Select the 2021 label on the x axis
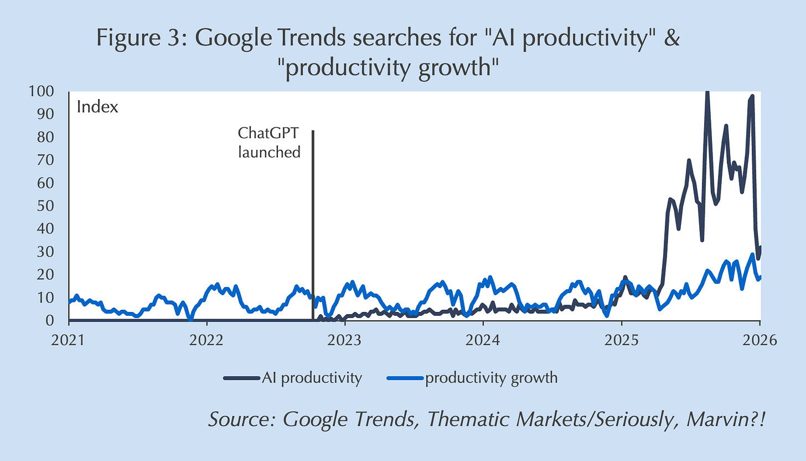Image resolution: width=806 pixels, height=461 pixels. point(69,340)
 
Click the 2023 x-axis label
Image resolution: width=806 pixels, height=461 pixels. point(345,340)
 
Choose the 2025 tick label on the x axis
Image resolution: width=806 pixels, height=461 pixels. point(621,340)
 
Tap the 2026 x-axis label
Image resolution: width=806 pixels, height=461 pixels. point(759,340)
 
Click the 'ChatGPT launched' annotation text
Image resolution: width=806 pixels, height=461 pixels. point(269,142)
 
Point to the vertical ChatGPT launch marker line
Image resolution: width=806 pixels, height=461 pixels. point(313,222)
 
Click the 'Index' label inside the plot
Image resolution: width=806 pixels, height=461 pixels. point(97,107)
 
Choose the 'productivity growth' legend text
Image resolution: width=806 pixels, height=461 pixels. point(491,378)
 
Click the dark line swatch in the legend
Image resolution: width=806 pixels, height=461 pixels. point(241,378)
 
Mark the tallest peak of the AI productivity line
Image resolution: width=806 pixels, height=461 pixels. point(707,93)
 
